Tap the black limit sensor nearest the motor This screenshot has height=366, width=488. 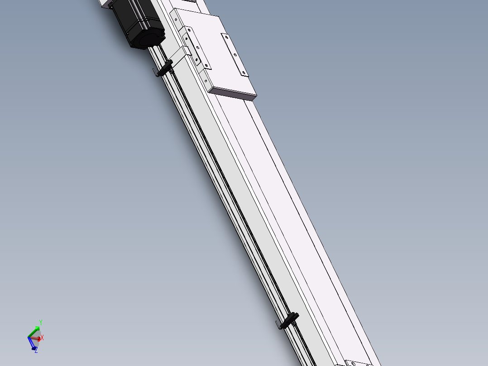coord(166,67)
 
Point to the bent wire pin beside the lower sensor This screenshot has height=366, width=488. coord(277,324)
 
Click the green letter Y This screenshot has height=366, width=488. coord(40,323)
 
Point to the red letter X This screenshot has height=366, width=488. coord(42,338)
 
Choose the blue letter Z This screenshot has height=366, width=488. coord(36,350)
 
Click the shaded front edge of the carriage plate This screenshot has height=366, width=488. coord(232,94)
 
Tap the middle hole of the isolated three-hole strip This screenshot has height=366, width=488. coord(234,55)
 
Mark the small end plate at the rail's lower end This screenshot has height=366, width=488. coord(358,363)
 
